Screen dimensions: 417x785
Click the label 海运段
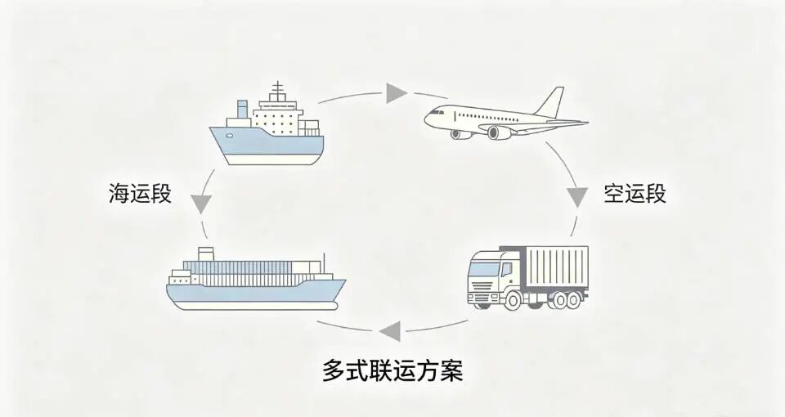tap(140, 194)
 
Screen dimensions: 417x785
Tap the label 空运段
tap(635, 194)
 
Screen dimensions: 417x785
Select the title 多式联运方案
tap(392, 371)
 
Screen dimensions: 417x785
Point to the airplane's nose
tap(427, 119)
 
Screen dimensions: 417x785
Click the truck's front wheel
tap(513, 300)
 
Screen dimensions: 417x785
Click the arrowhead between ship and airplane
tap(397, 92)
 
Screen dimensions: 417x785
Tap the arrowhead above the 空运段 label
tap(578, 195)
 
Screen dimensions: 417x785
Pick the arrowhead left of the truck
tap(389, 331)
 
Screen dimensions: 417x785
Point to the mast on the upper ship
tap(278, 91)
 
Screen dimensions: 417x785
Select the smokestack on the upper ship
tap(242, 110)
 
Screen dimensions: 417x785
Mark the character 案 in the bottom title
tap(451, 371)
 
